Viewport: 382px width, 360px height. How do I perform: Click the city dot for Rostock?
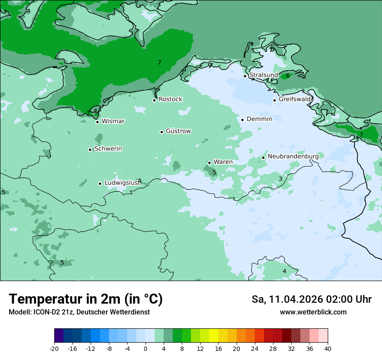pos(154,100)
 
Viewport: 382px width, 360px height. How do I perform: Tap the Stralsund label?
pos(263,75)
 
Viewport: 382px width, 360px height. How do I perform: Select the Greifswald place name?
pos(295,99)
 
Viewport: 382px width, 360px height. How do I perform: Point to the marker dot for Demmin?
pos(242,120)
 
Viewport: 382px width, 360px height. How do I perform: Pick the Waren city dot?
pos(209,163)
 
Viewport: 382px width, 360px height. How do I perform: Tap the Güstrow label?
pos(178,131)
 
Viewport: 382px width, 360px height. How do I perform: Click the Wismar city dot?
pos(97,122)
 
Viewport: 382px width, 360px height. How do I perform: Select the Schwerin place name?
pos(108,149)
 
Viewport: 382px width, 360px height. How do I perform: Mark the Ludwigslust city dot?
pos(100,183)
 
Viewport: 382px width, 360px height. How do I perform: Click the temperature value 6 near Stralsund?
pos(288,76)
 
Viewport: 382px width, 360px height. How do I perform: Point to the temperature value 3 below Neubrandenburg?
pos(280,179)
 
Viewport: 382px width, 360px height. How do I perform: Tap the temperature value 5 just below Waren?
pos(214,172)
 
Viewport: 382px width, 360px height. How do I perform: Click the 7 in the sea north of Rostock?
pos(159,63)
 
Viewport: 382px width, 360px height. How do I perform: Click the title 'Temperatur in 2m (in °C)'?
pos(86,299)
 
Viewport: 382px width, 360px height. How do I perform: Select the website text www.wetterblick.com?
pos(313,312)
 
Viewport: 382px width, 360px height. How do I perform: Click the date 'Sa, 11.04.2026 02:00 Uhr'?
pos(311,299)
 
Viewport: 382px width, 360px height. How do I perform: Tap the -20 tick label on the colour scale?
pos(54,349)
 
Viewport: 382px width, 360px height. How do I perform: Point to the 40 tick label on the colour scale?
pos(327,349)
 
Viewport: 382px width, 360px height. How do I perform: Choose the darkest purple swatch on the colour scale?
pos(59,336)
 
